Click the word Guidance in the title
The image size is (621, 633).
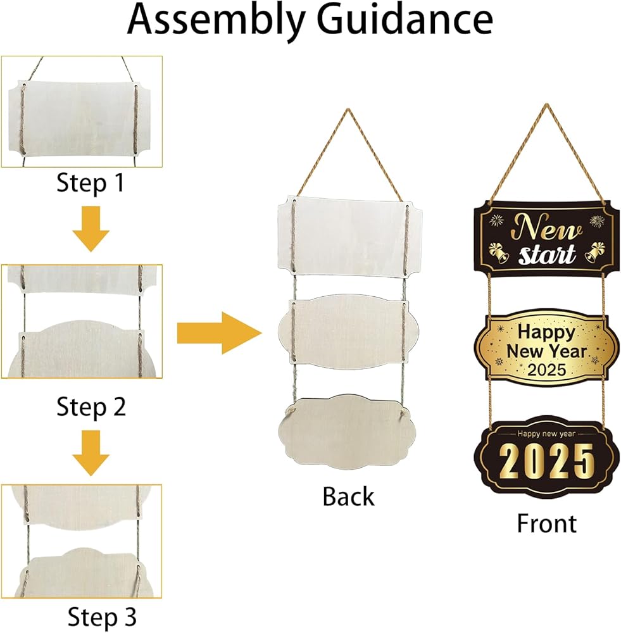pos(405,22)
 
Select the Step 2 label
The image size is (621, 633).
pos(91,406)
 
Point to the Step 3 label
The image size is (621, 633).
pos(102,616)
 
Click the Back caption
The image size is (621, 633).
pos(348,496)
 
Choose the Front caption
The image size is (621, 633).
pos(546,523)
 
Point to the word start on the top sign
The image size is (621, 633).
pos(547,254)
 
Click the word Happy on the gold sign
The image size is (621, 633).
pos(546,331)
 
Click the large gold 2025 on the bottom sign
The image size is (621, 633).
pos(547,462)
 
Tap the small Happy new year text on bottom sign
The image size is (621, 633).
pos(548,434)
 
